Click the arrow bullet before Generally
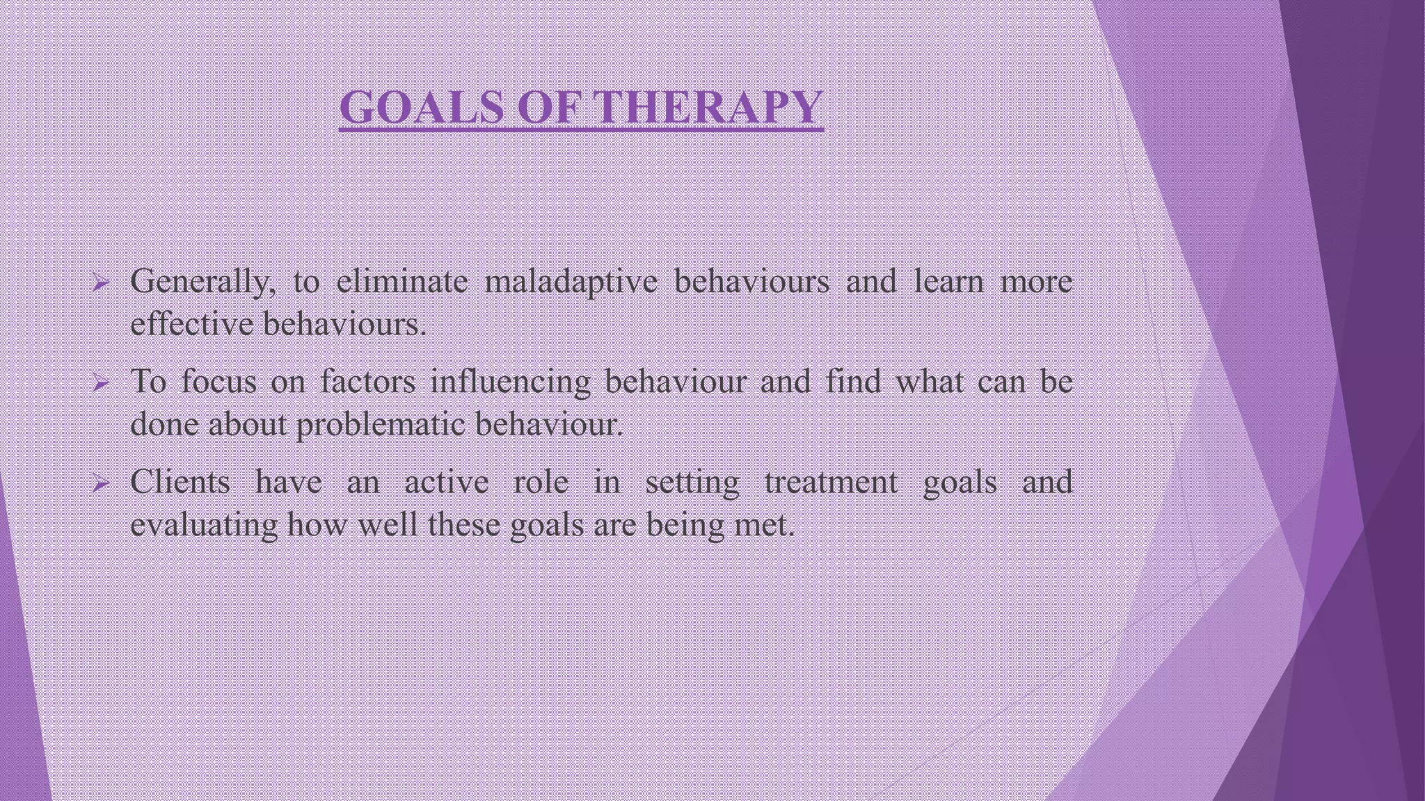coord(101,283)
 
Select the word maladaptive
coord(571,282)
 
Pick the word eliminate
coord(402,282)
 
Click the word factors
coord(368,382)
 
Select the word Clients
coord(180,482)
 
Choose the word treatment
coord(831,482)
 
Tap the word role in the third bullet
coord(541,482)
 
